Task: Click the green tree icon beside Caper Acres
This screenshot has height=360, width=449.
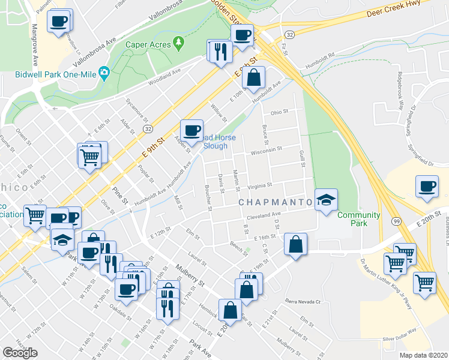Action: (178, 43)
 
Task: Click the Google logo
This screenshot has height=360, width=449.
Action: (20, 353)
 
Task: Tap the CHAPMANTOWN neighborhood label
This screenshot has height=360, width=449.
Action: (276, 202)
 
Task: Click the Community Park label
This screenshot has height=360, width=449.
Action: (359, 219)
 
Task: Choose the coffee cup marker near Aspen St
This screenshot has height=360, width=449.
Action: (192, 130)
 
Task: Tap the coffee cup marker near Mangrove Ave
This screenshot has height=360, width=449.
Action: (59, 21)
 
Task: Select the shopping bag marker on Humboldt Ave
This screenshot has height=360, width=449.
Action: (254, 77)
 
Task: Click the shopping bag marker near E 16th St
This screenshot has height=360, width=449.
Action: (296, 244)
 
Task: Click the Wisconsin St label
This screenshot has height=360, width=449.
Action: (266, 152)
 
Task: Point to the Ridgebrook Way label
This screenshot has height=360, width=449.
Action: (399, 90)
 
